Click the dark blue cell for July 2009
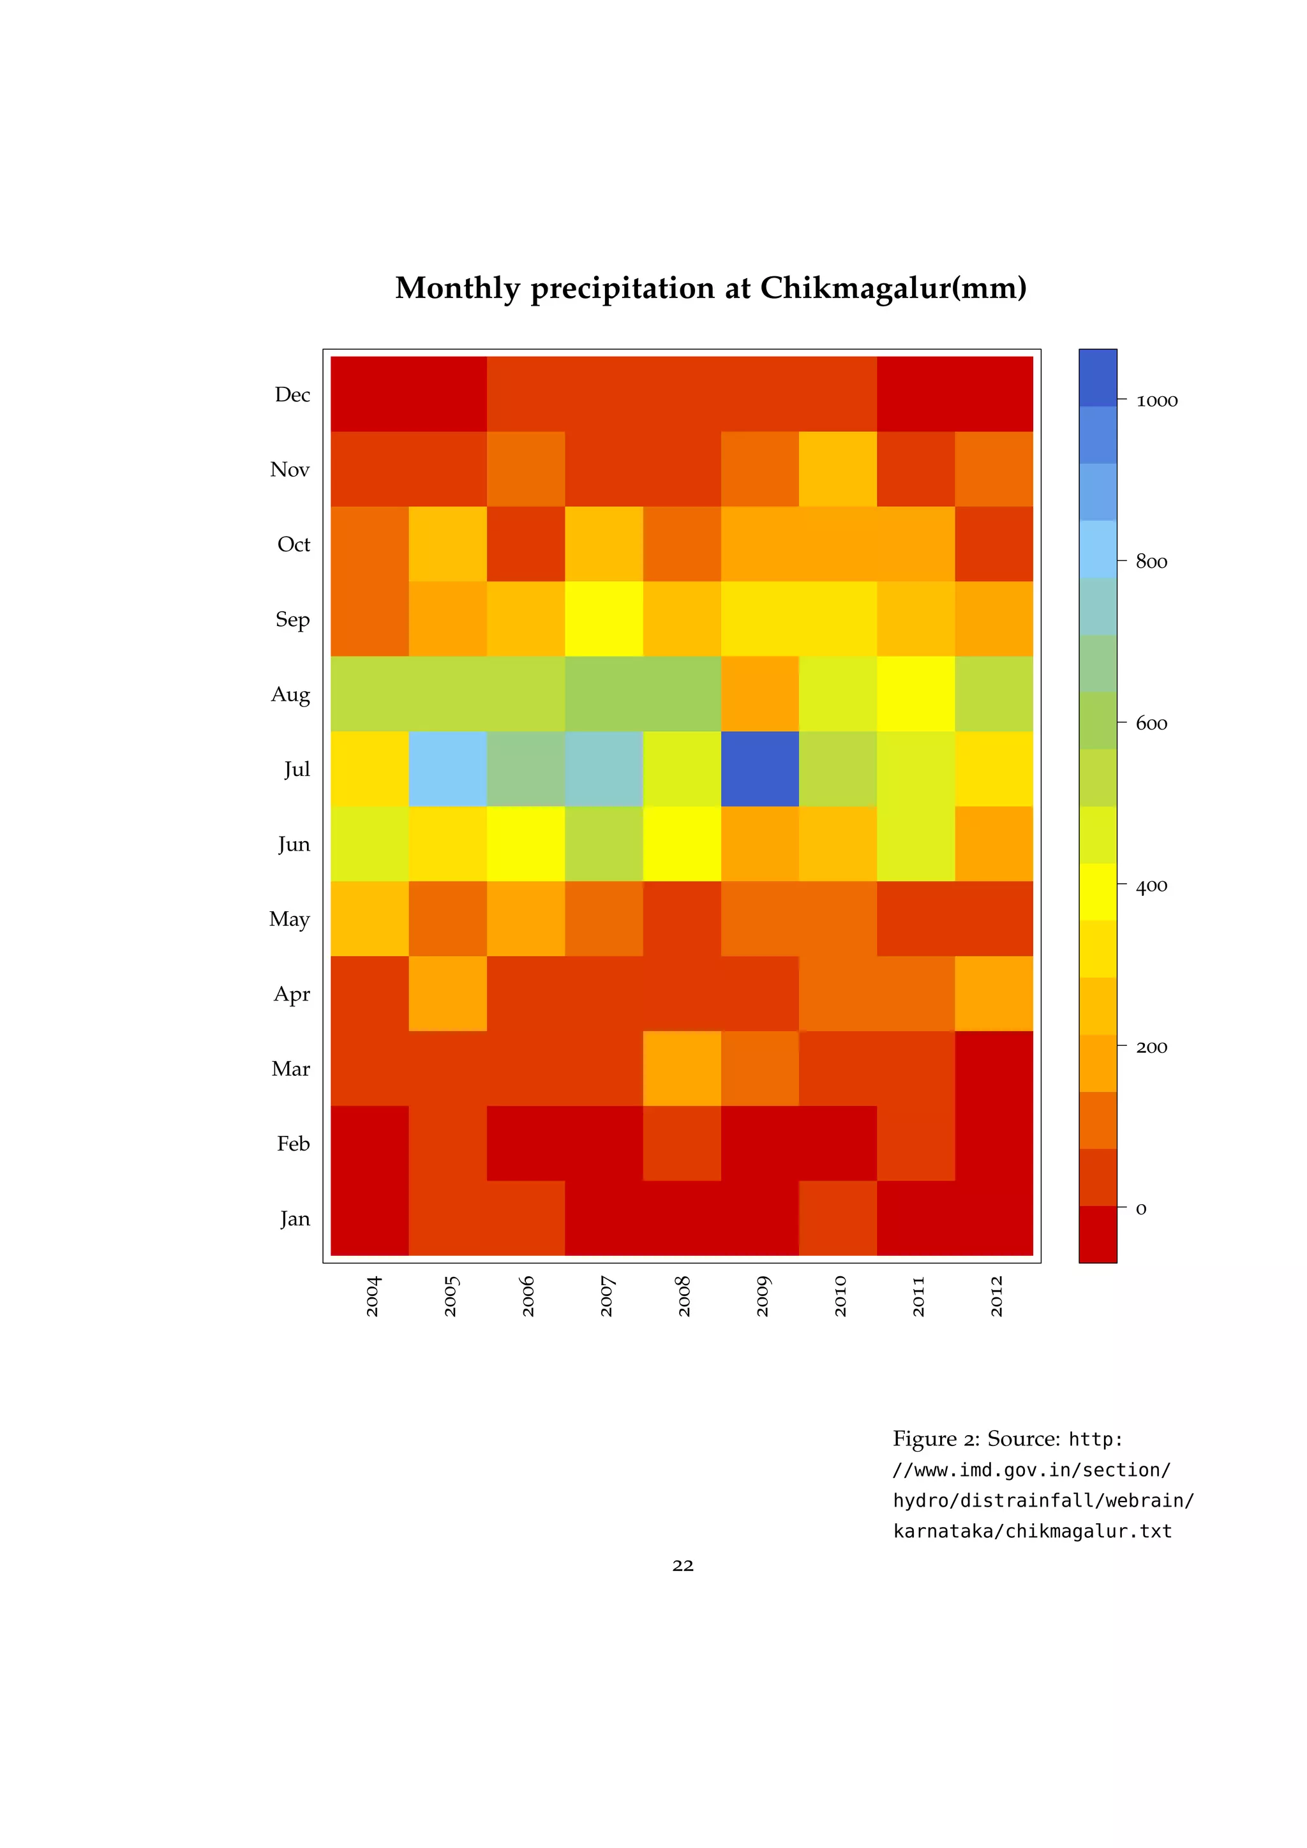point(759,769)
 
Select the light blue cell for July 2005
point(447,769)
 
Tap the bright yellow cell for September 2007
point(604,619)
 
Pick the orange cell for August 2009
point(759,694)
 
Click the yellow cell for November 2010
point(838,469)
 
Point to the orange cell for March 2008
point(682,1068)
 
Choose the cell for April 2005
point(447,993)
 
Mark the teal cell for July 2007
point(604,769)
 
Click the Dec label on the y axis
point(292,394)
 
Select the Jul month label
point(296,770)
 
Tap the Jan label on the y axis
point(295,1219)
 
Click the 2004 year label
point(373,1296)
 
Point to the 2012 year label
point(996,1296)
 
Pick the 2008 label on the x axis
point(684,1296)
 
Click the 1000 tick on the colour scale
point(1156,400)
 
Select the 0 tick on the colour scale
point(1140,1209)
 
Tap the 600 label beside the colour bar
point(1151,724)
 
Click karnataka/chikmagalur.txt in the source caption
point(1032,1530)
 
